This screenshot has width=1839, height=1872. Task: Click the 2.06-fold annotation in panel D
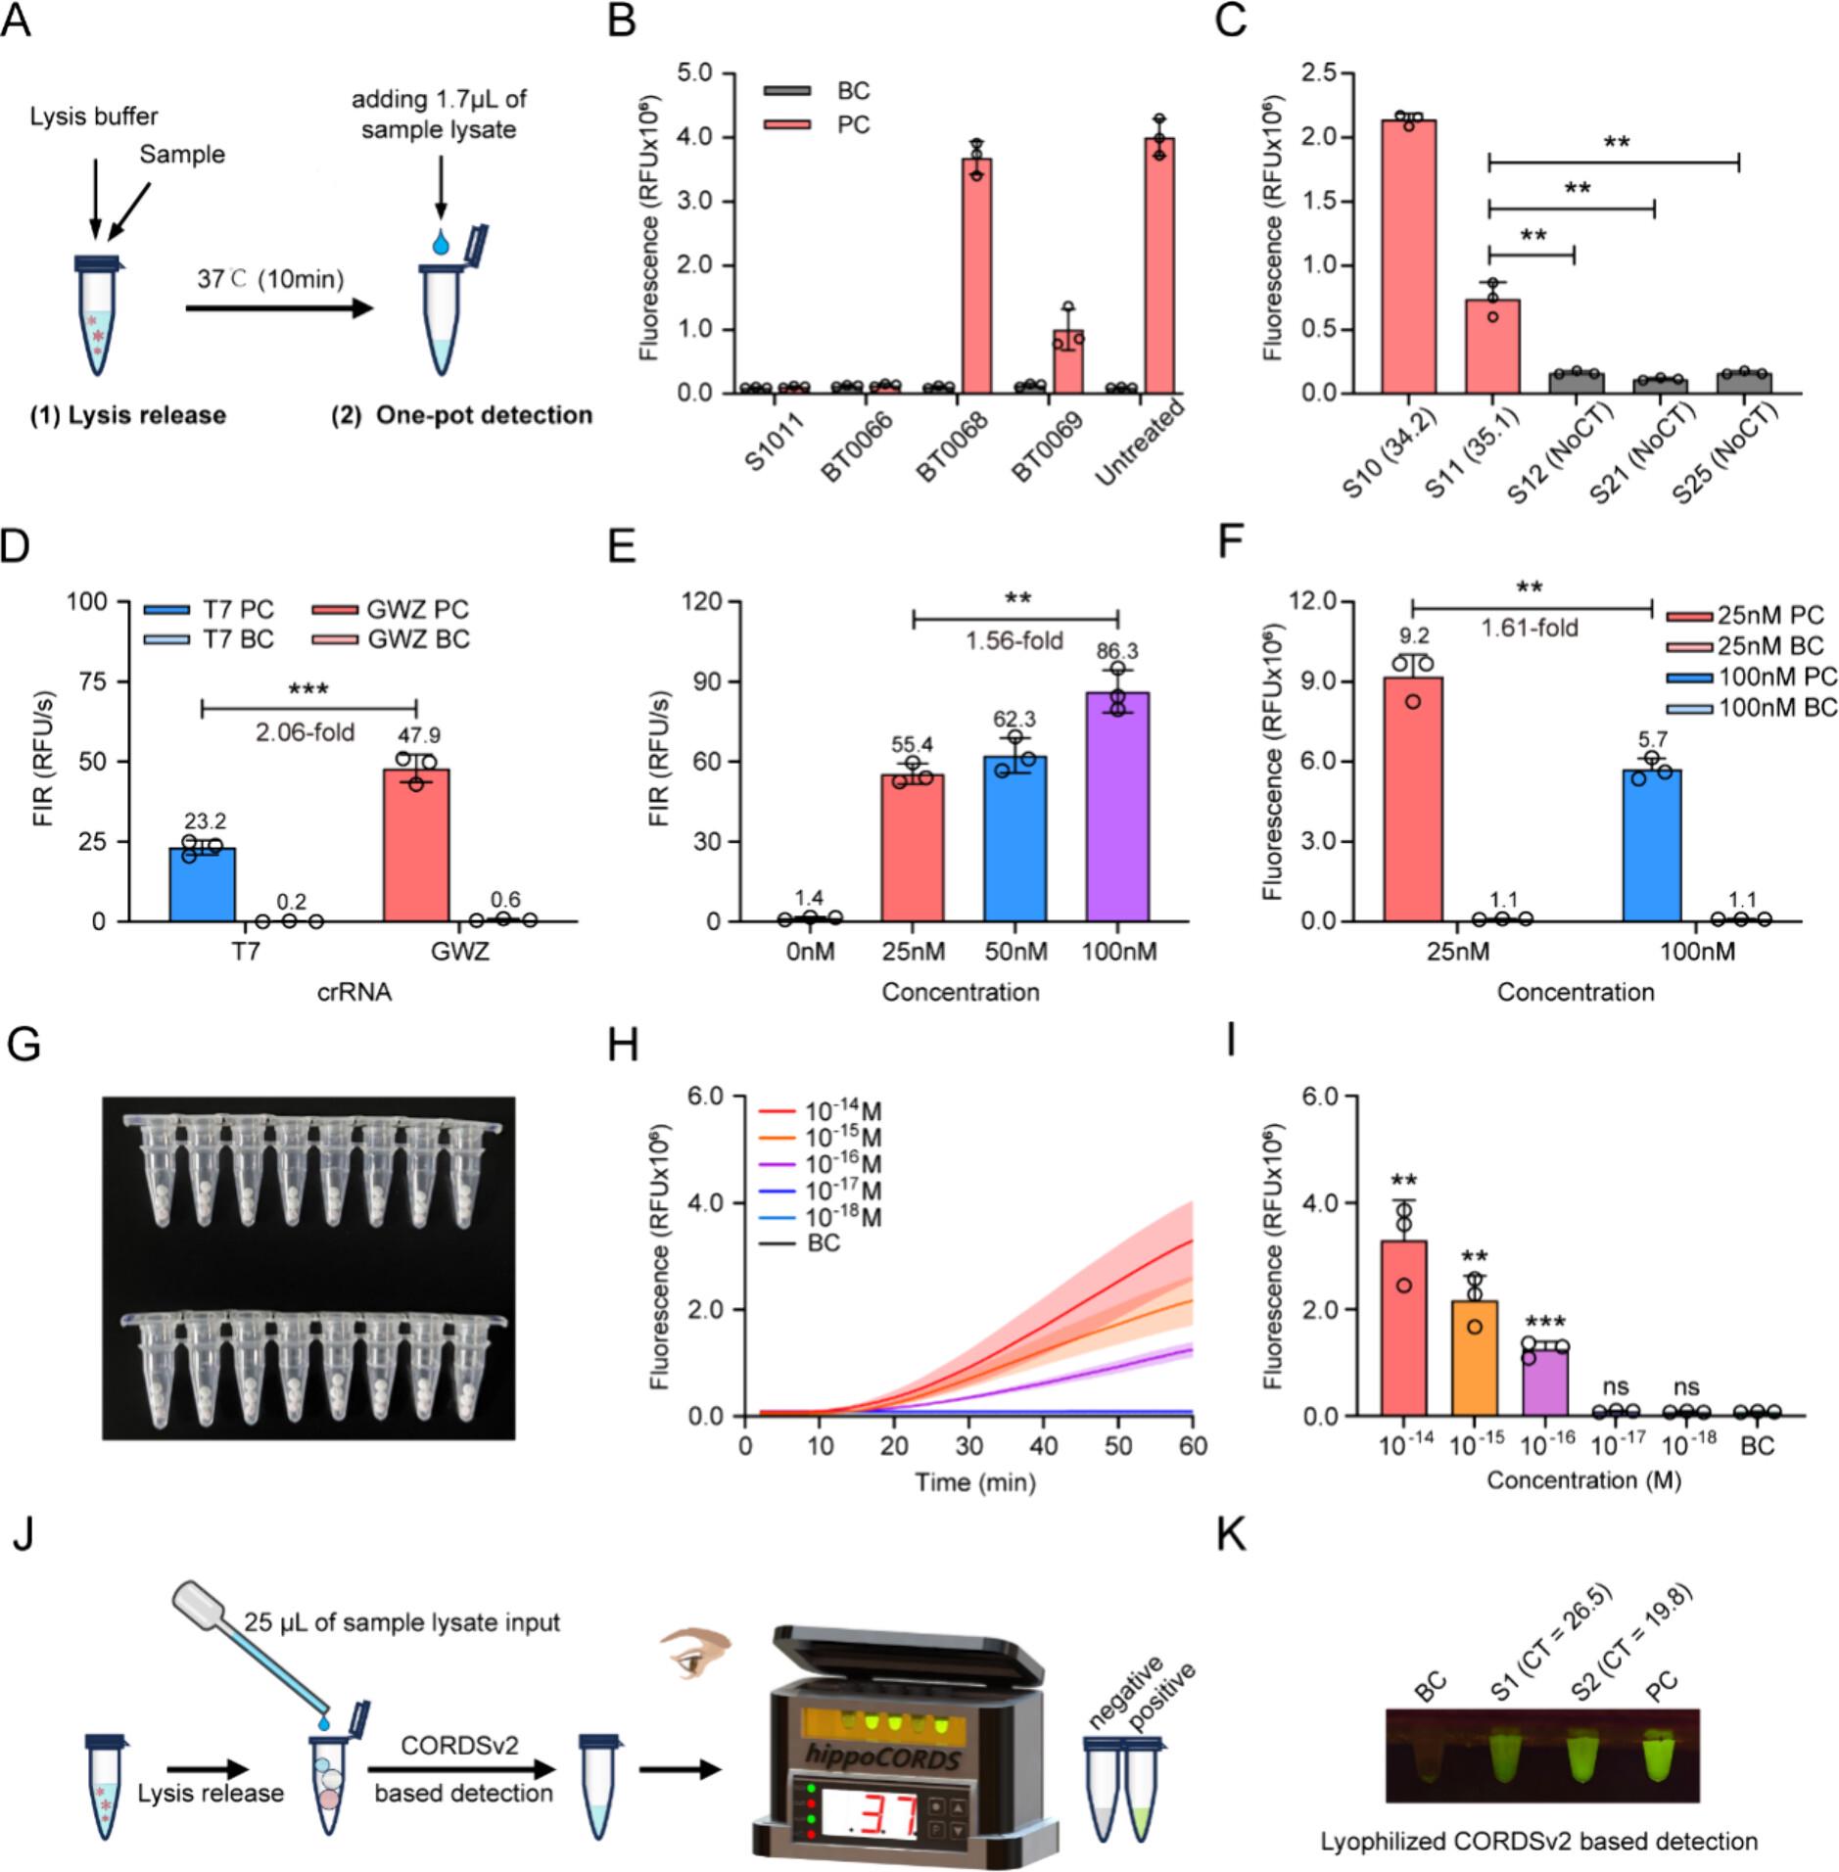[x=305, y=732]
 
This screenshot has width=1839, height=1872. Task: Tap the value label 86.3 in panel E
[x=1116, y=651]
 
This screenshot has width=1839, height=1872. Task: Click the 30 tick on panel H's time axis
[x=969, y=1446]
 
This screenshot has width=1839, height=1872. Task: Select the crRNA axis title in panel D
[x=354, y=992]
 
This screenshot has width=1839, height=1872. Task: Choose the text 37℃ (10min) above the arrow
[x=270, y=279]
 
